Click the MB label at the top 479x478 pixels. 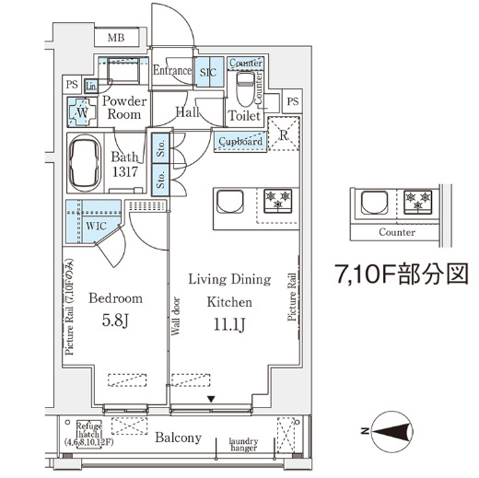click(115, 38)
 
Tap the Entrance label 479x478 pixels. click(171, 71)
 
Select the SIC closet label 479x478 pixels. click(208, 71)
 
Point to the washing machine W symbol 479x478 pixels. click(81, 111)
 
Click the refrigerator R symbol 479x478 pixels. click(285, 134)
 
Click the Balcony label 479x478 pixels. click(178, 438)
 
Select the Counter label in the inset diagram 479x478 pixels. click(396, 233)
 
